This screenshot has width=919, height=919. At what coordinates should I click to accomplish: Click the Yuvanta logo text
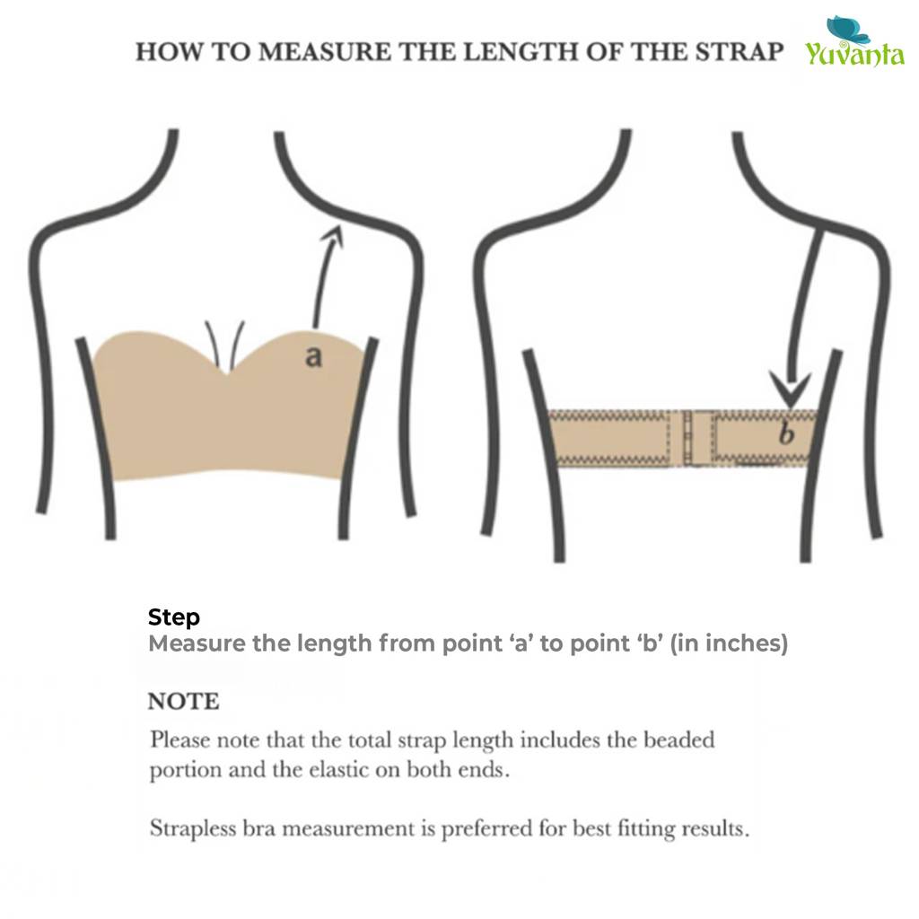(x=854, y=54)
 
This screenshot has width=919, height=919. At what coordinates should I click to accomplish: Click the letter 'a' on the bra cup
(x=314, y=355)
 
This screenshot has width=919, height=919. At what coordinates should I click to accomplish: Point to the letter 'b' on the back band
(x=786, y=433)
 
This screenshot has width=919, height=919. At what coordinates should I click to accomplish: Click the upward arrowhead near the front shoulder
(x=332, y=234)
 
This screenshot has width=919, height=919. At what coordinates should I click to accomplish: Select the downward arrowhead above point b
(x=790, y=388)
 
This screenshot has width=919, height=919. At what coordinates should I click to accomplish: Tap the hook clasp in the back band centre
(x=696, y=438)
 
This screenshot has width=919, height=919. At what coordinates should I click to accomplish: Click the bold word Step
(x=173, y=617)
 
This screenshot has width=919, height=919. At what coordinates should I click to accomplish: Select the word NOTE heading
(x=183, y=702)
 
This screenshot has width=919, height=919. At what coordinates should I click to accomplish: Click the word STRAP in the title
(x=740, y=52)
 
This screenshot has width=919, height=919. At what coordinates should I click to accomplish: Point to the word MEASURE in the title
(x=325, y=52)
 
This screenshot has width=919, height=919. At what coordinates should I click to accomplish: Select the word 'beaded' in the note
(x=679, y=740)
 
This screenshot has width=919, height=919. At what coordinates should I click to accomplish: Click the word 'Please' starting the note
(x=179, y=740)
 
